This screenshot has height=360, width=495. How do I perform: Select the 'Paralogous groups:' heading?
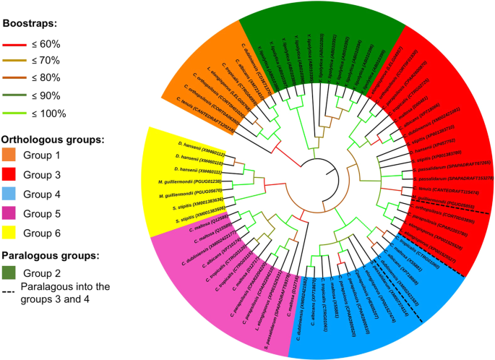click(x=56, y=255)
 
